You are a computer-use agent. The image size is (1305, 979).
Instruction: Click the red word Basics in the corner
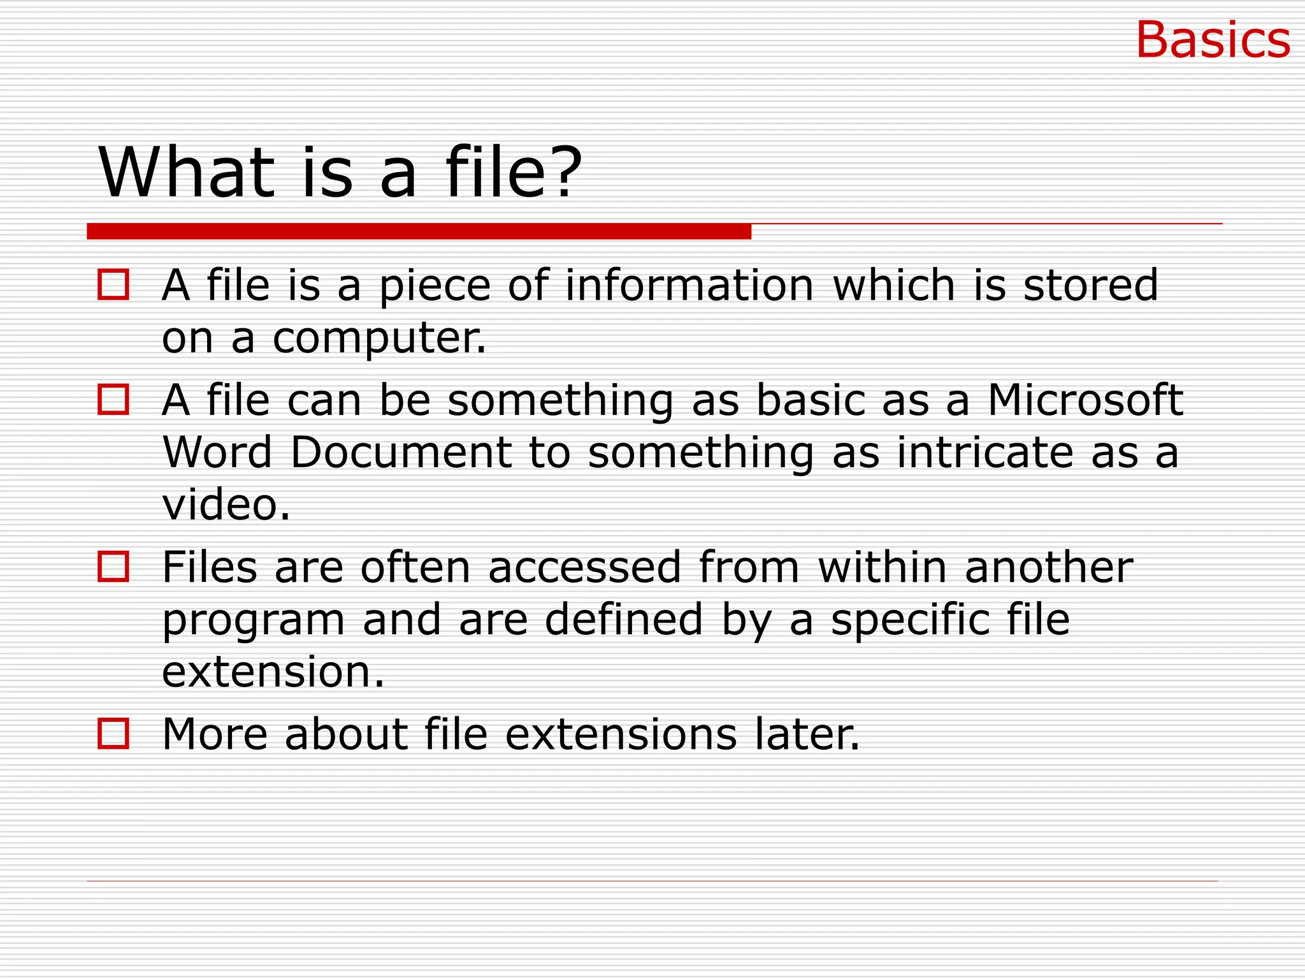[x=1213, y=40]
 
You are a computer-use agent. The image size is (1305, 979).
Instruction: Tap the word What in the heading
[x=187, y=172]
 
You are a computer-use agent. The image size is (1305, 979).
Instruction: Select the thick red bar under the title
[x=419, y=231]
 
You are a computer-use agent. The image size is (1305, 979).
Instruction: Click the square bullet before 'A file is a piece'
[x=113, y=284]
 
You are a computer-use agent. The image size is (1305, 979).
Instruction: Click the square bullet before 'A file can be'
[x=113, y=400]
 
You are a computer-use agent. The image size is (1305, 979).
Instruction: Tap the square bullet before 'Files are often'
[x=113, y=567]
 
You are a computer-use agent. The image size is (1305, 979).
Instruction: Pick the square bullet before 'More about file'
[x=113, y=734]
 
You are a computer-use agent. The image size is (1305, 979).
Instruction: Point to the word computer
[x=379, y=338]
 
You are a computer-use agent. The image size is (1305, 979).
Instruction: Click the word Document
[x=401, y=452]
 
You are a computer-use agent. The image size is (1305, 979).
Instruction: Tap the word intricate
[x=985, y=452]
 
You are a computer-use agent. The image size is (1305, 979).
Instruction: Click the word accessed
[x=584, y=567]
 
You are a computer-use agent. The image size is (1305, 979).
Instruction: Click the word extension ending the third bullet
[x=273, y=672]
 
